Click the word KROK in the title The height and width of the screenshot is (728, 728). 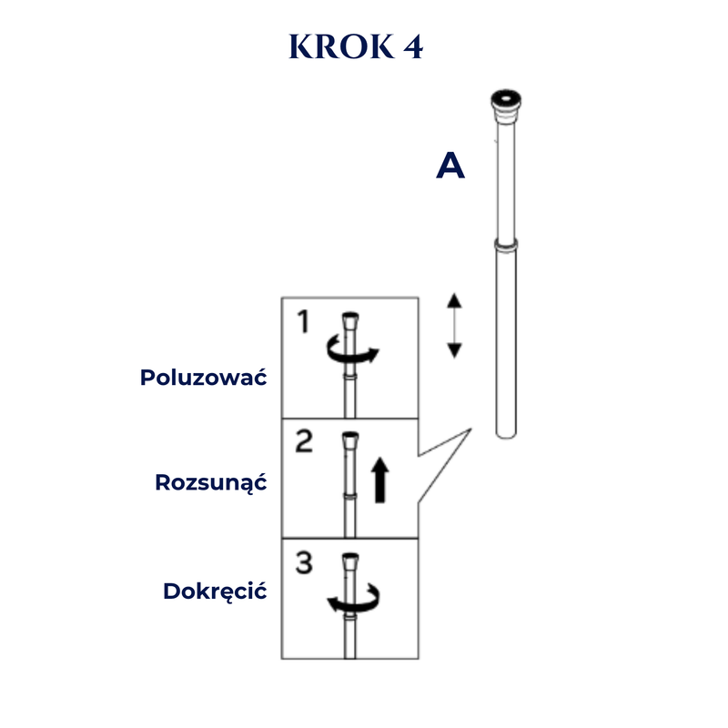coord(341,46)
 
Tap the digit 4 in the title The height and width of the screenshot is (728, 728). coord(413,46)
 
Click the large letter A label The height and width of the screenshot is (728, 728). coord(450,166)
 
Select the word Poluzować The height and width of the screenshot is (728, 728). coord(203,377)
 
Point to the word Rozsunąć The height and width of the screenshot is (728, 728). coord(211,482)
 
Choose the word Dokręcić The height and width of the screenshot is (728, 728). coord(215,591)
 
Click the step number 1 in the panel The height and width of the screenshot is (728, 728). coord(304,321)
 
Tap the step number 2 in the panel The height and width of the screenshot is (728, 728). coord(304,441)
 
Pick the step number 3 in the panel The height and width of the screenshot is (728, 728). coord(304,562)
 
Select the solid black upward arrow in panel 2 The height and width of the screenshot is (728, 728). coord(380,480)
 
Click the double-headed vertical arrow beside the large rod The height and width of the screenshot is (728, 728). coord(454,326)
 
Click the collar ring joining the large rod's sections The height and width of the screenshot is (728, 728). coord(506,244)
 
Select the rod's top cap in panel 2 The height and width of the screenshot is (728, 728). coord(350,440)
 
